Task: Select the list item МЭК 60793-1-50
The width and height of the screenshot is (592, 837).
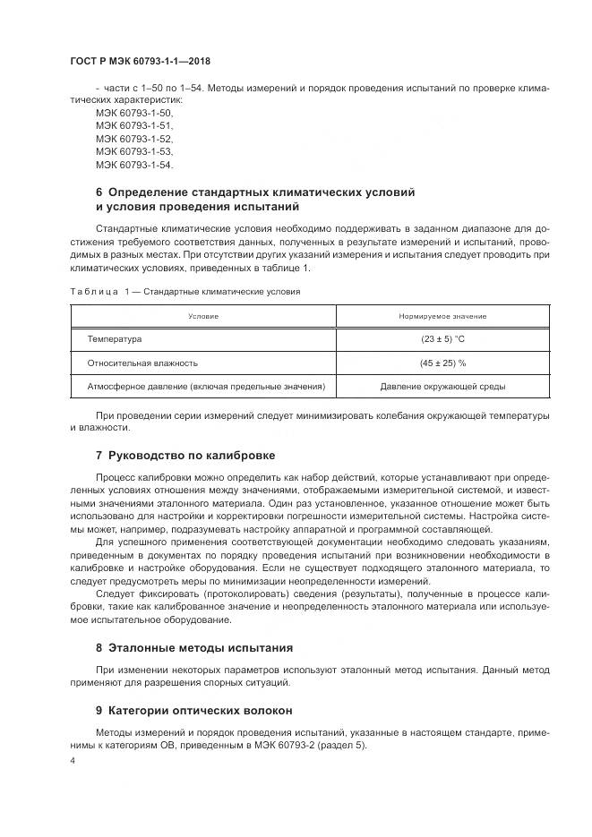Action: point(133,114)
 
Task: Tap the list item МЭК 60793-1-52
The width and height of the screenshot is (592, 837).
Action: point(133,140)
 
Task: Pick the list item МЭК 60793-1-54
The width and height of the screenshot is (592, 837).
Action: point(133,166)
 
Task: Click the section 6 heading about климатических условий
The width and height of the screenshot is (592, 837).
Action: point(255,200)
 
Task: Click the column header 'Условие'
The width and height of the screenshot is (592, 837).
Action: point(202,316)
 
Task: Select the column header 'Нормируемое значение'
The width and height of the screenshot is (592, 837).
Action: point(442,316)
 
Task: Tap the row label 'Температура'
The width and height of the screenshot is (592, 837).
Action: point(114,339)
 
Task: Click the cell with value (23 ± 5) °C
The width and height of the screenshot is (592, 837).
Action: point(442,339)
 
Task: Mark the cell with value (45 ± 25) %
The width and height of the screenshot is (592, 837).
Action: point(442,363)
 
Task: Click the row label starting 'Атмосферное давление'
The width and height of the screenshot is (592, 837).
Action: point(205,387)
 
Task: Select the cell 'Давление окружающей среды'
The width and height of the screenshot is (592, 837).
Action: point(442,387)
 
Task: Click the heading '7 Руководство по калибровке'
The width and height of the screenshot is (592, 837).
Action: point(184,455)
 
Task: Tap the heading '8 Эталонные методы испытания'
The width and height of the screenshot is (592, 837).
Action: point(193,647)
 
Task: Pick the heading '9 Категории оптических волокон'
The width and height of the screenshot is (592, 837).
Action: point(193,711)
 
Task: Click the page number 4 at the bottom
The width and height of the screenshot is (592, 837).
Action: point(73,761)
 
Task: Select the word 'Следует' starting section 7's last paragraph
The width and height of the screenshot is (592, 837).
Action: point(114,594)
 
